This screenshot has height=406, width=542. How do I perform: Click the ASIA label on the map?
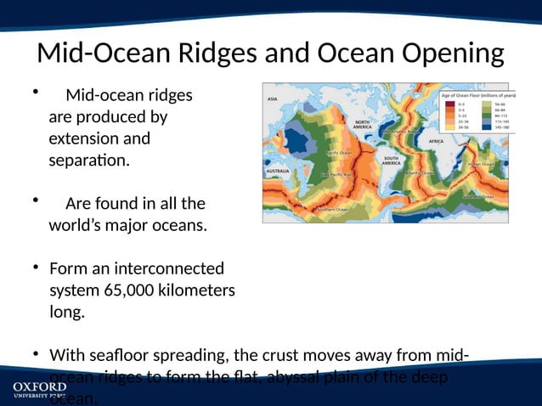274,99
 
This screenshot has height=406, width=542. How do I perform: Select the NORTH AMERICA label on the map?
363,125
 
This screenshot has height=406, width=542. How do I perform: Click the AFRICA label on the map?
436,141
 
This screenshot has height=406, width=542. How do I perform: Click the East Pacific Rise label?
337,175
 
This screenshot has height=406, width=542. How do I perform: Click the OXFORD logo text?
39,386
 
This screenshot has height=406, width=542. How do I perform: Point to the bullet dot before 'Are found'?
36,200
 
